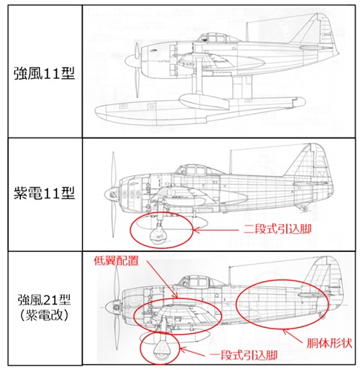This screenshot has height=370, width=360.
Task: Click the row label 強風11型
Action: tap(44, 73)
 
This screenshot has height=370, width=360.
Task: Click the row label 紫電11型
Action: tap(44, 193)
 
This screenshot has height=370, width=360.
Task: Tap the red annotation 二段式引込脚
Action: tap(277, 229)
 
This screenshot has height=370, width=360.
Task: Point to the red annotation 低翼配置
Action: tap(116, 261)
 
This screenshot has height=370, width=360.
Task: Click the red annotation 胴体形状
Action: tap(329, 344)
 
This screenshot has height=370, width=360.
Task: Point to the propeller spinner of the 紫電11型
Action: tap(110, 194)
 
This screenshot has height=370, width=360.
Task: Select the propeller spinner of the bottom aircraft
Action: tap(111, 306)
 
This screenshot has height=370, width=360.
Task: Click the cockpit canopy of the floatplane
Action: tap(217, 38)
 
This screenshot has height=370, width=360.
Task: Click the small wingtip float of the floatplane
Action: tap(204, 101)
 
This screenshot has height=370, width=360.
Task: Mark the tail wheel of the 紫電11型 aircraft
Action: tap(304, 208)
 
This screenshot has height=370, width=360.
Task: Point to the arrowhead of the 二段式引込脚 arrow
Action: tap(196, 229)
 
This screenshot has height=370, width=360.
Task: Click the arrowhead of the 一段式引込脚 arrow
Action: tap(183, 350)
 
